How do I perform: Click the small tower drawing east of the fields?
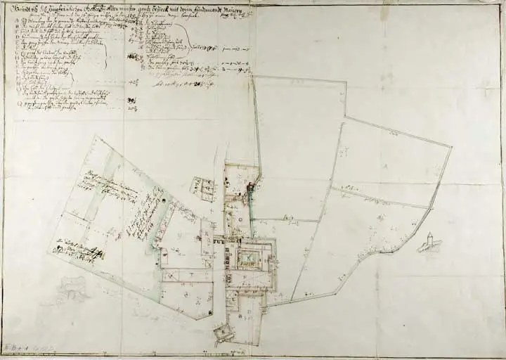[429, 240]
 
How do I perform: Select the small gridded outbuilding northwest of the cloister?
[203, 188]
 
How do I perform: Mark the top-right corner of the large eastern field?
[450, 147]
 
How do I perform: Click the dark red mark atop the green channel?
[249, 187]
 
